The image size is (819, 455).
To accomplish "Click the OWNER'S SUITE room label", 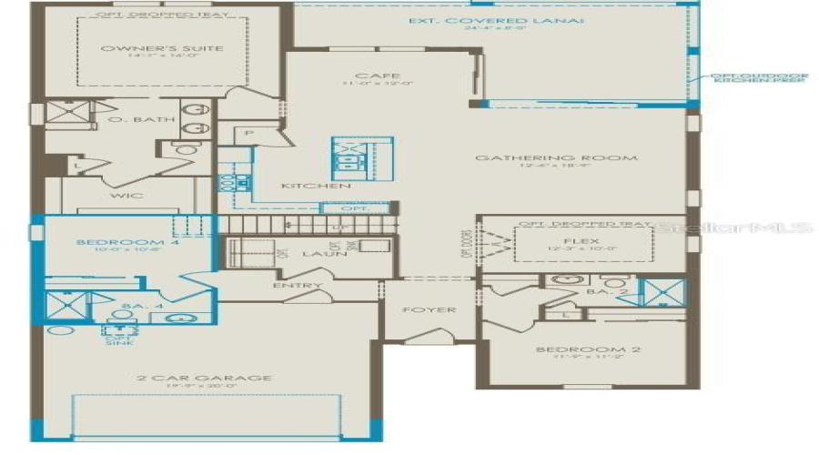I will click(x=162, y=49).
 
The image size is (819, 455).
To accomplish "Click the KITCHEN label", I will click(x=303, y=186).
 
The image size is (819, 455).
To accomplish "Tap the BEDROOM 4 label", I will click(x=116, y=242).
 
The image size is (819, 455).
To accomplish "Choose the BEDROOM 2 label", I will click(x=581, y=350).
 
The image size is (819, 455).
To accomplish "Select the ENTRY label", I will click(x=297, y=286).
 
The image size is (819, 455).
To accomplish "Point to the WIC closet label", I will click(x=120, y=195).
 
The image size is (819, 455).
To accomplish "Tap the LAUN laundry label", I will click(x=325, y=254).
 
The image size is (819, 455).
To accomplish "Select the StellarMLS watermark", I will click(x=739, y=227).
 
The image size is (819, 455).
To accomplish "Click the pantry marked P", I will click(x=249, y=134).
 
